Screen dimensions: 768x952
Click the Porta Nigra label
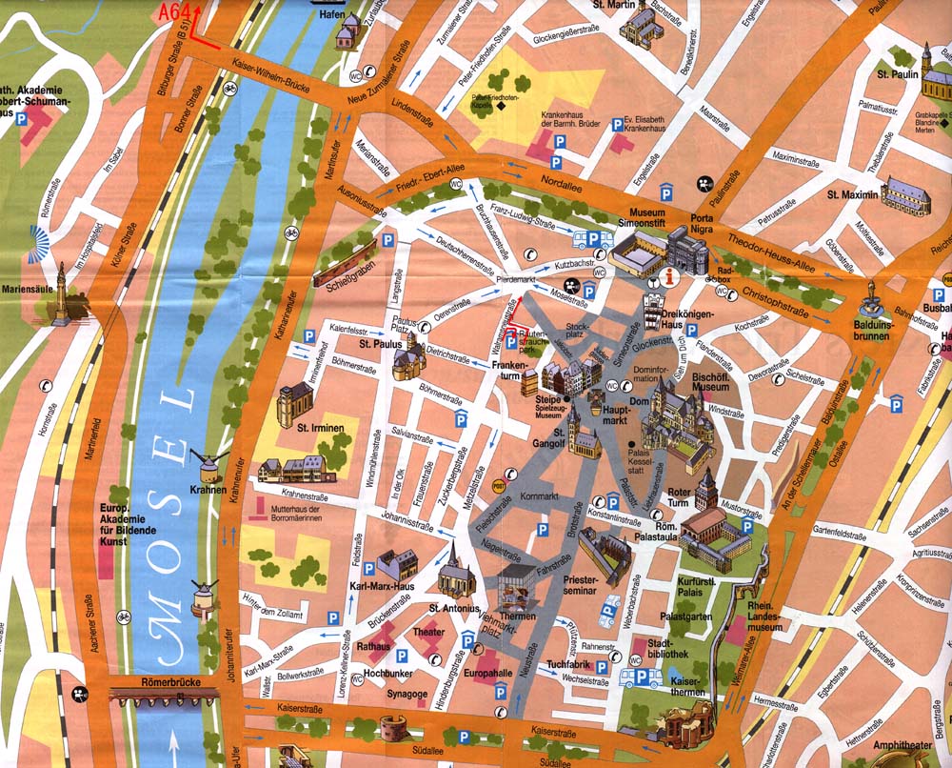coord(702,225)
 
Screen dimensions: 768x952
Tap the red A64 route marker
coord(177,12)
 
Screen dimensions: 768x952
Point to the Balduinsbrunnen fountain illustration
coord(870,304)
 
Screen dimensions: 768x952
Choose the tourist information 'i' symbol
coord(674,278)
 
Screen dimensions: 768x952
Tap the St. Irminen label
coord(319,428)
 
